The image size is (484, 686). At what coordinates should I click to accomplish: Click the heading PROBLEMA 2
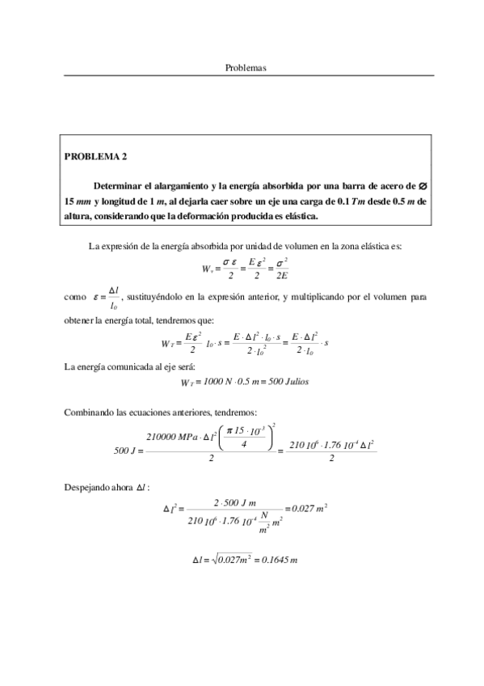95,156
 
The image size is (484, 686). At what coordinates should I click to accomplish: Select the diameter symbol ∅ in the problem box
423,185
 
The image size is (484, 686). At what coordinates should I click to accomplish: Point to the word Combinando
87,413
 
